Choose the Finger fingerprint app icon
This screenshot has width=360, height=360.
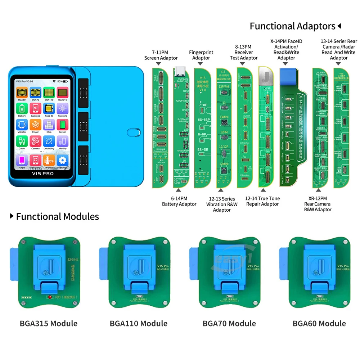point(35,125)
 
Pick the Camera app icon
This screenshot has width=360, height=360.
point(35,141)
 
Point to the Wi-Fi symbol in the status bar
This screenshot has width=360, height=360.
point(54,81)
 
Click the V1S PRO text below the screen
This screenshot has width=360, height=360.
point(43,174)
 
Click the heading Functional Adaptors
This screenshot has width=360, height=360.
point(292,26)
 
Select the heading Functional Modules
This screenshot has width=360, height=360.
point(58,216)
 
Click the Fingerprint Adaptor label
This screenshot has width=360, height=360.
point(201,55)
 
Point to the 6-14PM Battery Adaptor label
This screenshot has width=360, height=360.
point(179,201)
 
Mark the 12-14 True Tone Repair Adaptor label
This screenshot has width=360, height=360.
point(262,201)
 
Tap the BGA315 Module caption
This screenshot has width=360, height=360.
point(49,323)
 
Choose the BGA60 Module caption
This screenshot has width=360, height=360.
point(319,323)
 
